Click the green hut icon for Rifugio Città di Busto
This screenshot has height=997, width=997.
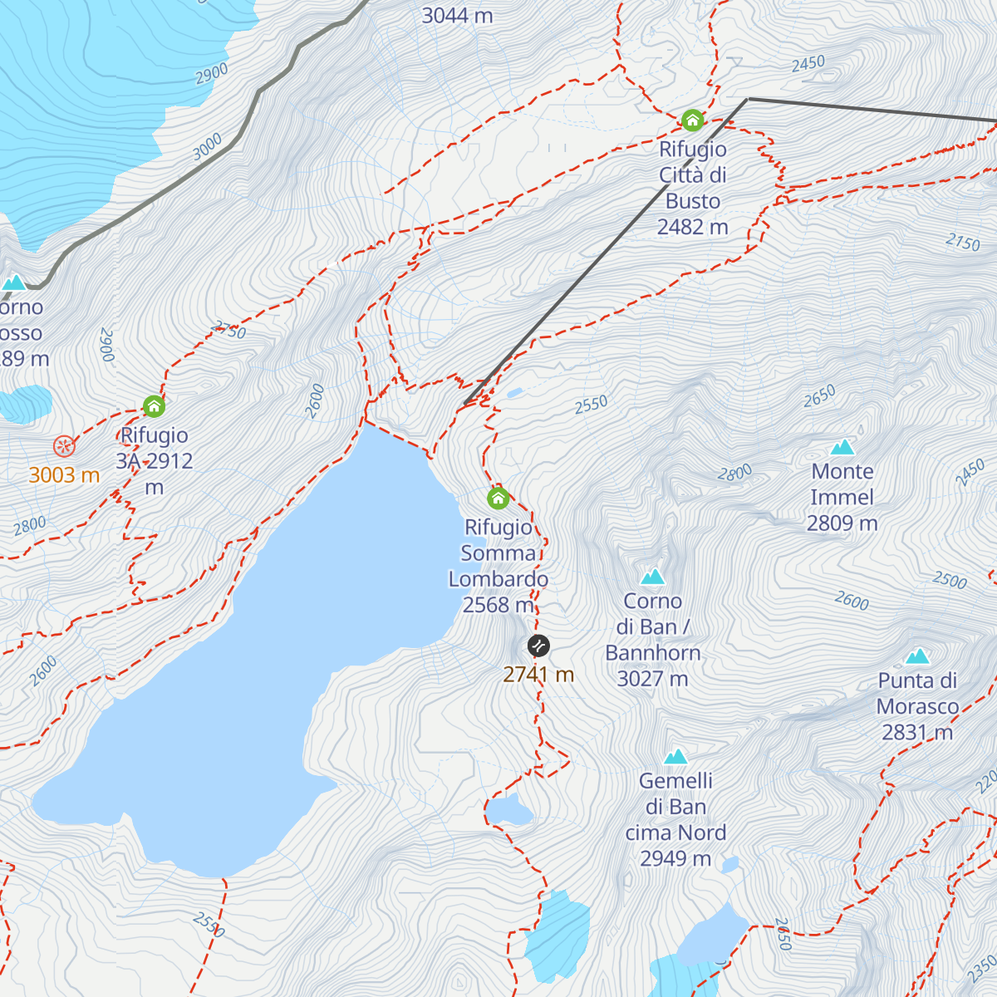point(692,120)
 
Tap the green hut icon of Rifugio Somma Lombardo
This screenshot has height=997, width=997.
point(498,498)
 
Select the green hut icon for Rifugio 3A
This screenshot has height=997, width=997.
point(154,406)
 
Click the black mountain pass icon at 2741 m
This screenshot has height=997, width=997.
point(538,646)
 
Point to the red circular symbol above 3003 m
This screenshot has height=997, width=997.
point(64,446)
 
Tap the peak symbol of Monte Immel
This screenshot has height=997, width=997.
point(842,448)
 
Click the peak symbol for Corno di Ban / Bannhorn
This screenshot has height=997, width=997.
point(652,577)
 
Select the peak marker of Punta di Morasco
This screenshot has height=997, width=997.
point(917,656)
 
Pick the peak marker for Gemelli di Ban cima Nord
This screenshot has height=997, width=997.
point(675,757)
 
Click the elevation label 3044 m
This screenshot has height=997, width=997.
point(457,15)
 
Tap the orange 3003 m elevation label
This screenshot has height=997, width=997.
point(64,475)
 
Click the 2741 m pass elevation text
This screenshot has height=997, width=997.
point(538,675)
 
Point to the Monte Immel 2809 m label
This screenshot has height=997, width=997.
point(842,497)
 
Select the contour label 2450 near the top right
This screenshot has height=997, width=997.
point(808,63)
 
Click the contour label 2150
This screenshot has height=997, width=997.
point(962,242)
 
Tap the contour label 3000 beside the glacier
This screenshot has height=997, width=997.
point(207,146)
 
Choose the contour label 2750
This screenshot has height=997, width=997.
point(229,330)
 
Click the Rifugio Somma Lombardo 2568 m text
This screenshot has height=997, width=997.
point(498,566)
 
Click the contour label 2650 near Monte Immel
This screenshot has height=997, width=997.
point(819,397)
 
